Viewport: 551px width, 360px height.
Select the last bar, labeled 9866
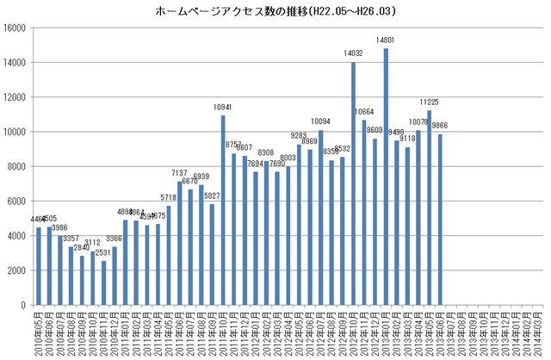440,220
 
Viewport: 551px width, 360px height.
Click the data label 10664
364,112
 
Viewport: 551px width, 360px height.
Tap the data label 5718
169,198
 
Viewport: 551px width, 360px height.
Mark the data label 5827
213,196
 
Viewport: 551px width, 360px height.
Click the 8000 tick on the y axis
20,166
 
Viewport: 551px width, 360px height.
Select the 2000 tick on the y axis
20,270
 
